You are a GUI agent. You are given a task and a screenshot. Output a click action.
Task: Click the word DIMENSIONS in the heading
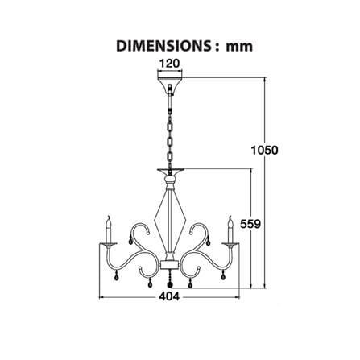click(x=163, y=46)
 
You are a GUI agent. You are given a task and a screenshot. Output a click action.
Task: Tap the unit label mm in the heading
click(x=239, y=47)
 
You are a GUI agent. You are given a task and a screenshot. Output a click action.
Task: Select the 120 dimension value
click(x=169, y=64)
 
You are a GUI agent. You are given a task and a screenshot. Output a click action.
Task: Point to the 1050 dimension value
click(x=264, y=150)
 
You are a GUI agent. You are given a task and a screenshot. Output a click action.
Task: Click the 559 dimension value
click(x=250, y=224)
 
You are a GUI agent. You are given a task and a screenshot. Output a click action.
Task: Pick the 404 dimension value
click(x=169, y=296)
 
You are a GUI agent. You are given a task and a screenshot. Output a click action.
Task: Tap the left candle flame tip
click(x=109, y=216)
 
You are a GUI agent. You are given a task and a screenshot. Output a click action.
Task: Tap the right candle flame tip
click(x=230, y=216)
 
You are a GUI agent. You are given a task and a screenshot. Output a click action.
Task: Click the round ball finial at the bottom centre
click(x=170, y=284)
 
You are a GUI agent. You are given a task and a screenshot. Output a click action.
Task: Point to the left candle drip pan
click(x=108, y=244)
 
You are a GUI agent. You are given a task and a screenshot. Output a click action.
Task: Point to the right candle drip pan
click(x=230, y=244)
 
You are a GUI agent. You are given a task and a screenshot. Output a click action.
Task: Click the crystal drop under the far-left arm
click(x=117, y=275)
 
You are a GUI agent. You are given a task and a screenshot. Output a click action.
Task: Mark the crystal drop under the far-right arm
click(x=222, y=275)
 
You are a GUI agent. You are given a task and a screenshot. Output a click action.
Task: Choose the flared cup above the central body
click(x=171, y=172)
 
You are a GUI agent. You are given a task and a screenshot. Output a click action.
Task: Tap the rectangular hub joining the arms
click(x=169, y=264)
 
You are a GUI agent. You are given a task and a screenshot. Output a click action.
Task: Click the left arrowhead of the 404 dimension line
click(x=101, y=297)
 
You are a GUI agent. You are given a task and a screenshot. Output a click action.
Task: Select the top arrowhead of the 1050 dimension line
click(x=265, y=80)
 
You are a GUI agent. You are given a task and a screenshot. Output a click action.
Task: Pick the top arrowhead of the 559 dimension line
click(x=251, y=171)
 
